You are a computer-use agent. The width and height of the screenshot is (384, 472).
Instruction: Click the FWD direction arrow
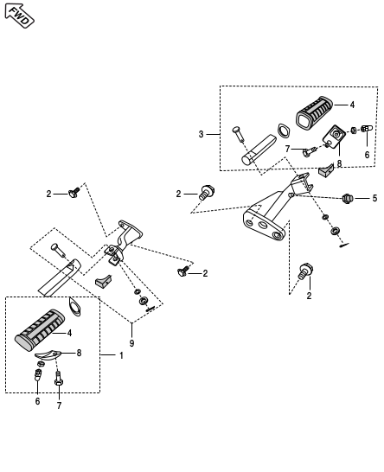pos(20,16)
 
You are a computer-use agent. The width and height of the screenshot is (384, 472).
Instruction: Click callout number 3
pos(202,134)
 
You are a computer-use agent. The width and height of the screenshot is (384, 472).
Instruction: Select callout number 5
pos(374,198)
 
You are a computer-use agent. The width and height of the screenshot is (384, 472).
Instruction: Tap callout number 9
pos(131,343)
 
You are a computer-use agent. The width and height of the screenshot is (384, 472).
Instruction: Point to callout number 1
pos(121,355)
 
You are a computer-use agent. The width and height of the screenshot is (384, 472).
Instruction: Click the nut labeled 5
pos(348,198)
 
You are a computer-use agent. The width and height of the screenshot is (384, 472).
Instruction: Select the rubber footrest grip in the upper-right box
pos(314,113)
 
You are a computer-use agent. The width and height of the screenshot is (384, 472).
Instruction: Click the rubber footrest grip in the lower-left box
pos(39,330)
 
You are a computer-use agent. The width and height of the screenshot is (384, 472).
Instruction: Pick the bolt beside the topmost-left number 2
pos(74,193)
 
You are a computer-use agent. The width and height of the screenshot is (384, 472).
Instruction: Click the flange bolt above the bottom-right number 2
pos(306,271)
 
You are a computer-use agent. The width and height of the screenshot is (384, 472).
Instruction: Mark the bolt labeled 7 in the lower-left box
pos(59,379)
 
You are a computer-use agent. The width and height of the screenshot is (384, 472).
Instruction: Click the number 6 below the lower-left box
pos(37,401)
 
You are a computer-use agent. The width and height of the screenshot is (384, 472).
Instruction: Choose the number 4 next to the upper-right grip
pos(352,105)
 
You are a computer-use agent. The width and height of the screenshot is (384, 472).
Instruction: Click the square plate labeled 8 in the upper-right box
pos(334,137)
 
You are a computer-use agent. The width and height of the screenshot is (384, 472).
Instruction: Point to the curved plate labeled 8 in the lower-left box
pos(48,354)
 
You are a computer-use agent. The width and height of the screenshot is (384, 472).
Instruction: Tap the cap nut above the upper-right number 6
pos(367,129)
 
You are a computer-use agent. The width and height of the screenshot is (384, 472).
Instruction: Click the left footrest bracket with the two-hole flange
pos(123,242)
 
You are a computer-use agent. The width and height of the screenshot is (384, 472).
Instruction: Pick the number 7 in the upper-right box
pos(287,149)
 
